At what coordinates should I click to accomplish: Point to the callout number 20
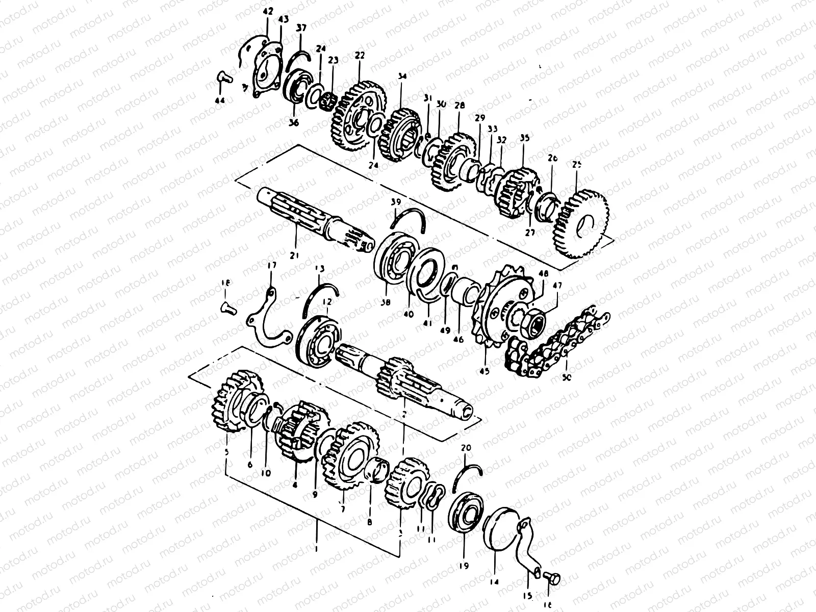coord(466,448)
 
